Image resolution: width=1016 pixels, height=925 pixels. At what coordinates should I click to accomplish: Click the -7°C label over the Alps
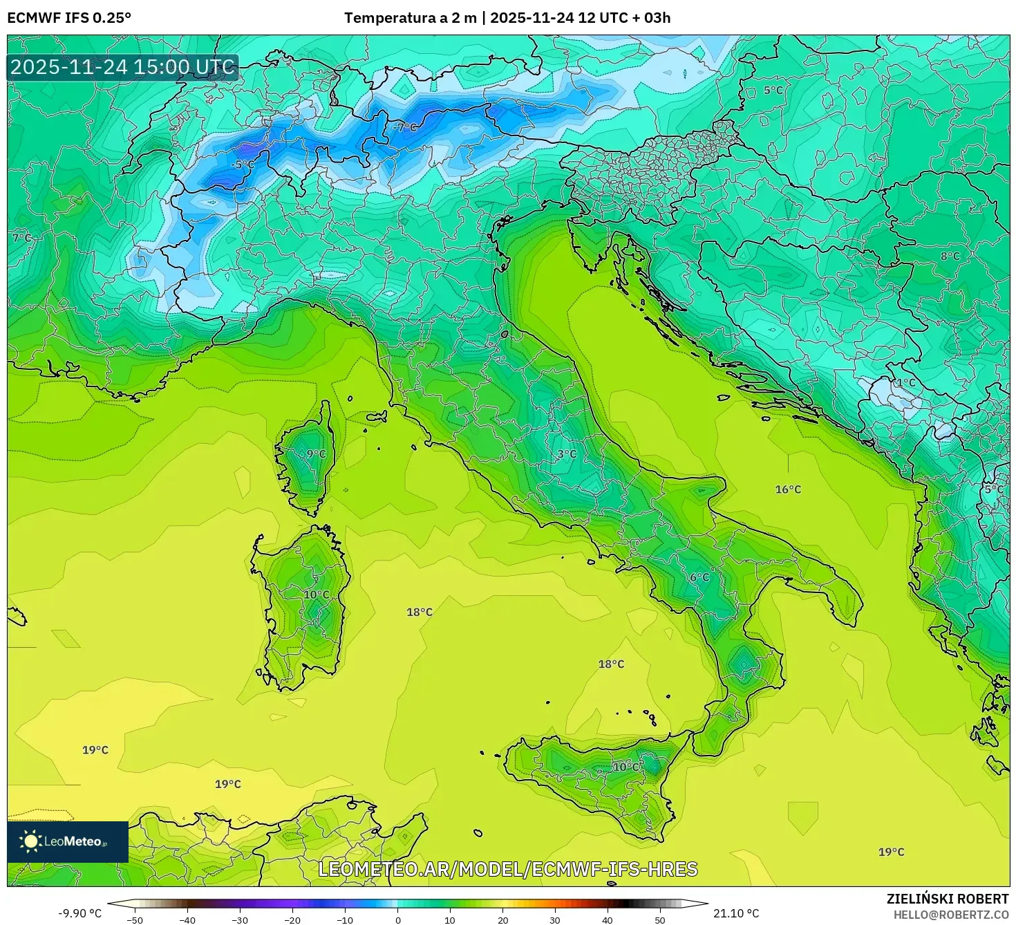[405, 127]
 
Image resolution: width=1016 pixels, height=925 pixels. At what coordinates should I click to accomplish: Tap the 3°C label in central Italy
[567, 454]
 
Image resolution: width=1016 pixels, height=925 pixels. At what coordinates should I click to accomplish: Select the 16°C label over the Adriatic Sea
[788, 489]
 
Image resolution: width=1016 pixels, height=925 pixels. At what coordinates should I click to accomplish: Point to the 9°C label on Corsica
[316, 454]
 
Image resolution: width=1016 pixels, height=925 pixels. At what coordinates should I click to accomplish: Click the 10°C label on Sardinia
[317, 595]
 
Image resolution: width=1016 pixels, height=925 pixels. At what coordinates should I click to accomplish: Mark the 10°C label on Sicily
[626, 767]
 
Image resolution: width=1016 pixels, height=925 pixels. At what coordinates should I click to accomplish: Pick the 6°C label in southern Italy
[699, 577]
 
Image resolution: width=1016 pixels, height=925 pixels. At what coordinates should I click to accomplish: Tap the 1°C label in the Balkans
[905, 382]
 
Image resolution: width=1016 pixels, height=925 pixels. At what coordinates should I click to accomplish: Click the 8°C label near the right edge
[950, 256]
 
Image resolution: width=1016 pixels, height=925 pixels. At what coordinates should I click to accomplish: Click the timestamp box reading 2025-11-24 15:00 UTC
[123, 67]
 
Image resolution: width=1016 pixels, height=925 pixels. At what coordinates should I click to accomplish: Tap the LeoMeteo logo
[68, 841]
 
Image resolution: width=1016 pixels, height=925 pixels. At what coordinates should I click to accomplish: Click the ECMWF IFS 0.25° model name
[69, 18]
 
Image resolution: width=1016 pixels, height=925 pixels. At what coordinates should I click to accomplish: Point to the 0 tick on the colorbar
[397, 919]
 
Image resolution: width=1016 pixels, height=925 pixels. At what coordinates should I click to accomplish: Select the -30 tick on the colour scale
[239, 919]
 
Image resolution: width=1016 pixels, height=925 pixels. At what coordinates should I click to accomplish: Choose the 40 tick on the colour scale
[608, 919]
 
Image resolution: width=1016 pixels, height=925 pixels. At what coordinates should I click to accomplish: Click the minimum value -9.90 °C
[79, 913]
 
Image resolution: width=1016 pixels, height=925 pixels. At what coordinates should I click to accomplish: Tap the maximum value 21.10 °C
[736, 913]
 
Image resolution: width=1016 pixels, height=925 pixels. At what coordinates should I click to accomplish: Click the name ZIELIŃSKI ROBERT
[948, 899]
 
